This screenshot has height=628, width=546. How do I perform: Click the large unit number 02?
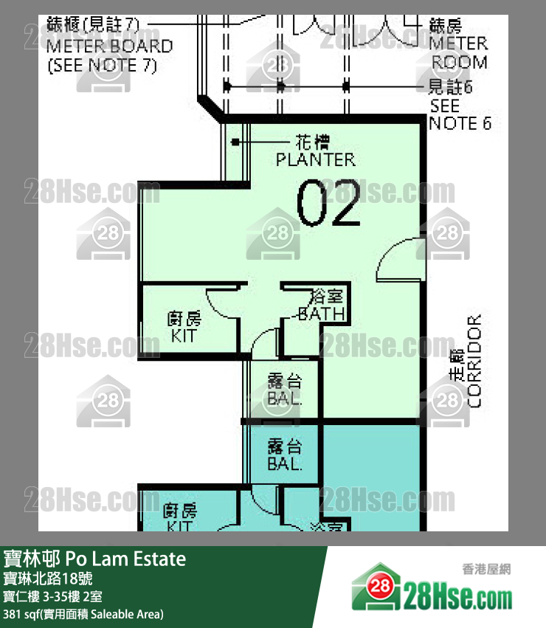pos(328,202)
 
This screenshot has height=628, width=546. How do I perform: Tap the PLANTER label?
pos(315,159)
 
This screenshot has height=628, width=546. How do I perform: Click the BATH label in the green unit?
pos(321,314)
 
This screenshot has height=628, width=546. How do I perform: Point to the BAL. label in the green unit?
pos(285,399)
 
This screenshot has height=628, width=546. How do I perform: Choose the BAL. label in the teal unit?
pos(285,465)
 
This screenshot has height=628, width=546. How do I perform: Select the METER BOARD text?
pos(110,46)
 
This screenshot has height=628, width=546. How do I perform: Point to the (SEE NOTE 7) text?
pos(103,65)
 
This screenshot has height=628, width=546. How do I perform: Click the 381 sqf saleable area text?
pos(83,613)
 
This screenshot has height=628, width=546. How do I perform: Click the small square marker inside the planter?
pos(236,142)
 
